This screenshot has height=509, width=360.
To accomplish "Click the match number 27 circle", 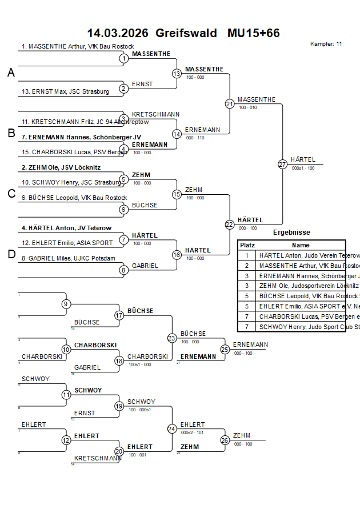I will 282,164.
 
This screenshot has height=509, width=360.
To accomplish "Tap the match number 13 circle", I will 177,74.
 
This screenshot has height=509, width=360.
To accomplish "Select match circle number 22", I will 229,225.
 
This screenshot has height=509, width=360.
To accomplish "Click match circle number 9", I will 66,304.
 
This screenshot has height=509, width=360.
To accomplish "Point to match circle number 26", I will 225,440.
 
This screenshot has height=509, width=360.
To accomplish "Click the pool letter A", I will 11,73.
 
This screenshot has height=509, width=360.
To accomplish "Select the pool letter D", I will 11,254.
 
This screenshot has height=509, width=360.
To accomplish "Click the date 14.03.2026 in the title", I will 117,33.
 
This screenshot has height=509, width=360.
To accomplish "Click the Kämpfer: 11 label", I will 326,44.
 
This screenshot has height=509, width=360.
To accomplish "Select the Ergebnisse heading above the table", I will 291,233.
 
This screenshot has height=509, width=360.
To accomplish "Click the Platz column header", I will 247,245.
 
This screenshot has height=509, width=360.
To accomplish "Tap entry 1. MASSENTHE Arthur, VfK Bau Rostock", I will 78,46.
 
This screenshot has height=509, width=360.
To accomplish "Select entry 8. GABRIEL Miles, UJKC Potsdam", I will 69,258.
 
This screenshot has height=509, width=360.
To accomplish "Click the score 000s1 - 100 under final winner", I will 303,169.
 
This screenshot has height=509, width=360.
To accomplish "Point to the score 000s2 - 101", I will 191,432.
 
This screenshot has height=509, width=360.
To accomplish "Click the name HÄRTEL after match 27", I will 302,160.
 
